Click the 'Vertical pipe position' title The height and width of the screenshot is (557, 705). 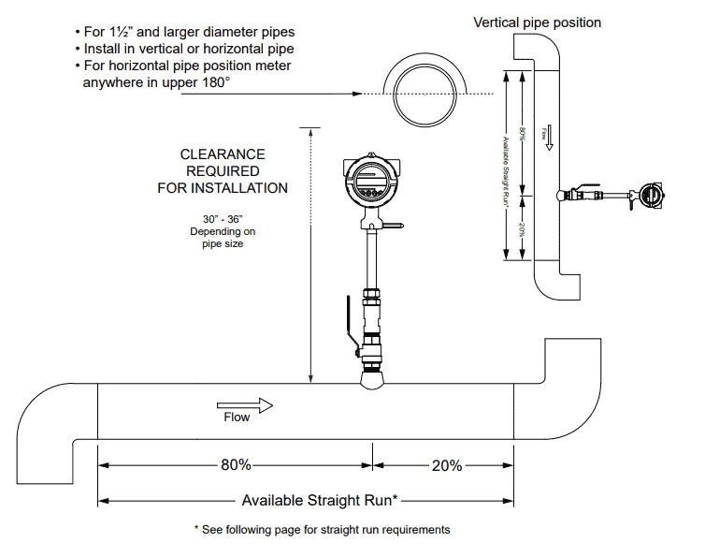tap(537, 22)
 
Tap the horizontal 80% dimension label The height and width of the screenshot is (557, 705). tap(235, 464)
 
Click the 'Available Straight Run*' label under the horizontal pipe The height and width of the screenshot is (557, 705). tap(320, 500)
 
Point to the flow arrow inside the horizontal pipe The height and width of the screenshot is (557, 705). tap(245, 404)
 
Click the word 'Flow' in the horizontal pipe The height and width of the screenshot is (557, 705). tap(237, 418)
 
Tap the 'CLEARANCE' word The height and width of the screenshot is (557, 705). tap(223, 154)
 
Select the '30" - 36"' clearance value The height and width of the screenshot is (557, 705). tap(223, 218)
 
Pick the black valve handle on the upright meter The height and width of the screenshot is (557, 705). tap(349, 327)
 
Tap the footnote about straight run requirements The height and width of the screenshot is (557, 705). tap(322, 530)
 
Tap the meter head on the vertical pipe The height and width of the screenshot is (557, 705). tap(653, 195)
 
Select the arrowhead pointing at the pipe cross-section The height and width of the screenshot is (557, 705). tap(356, 95)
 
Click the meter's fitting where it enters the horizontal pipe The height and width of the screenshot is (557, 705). tap(371, 378)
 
